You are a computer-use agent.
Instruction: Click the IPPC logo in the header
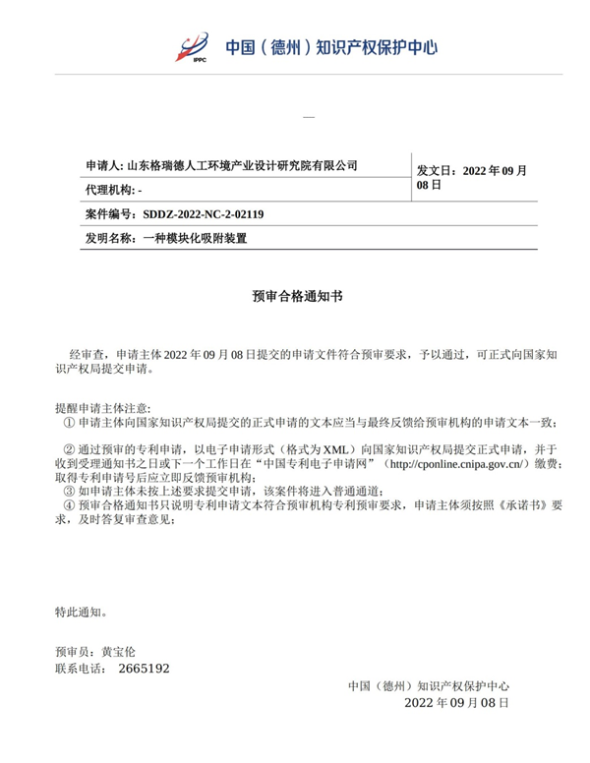tap(192, 46)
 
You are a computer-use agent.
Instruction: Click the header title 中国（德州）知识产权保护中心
tap(331, 46)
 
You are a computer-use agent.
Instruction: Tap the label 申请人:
tap(105, 165)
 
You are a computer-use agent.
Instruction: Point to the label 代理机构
tap(108, 189)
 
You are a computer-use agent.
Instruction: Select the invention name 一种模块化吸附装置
tap(194, 238)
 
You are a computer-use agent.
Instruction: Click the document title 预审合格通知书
tap(295, 294)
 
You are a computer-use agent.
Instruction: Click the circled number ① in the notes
tap(67, 422)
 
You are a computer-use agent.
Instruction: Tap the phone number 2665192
tap(144, 669)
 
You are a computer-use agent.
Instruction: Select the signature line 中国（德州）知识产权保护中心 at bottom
tap(429, 687)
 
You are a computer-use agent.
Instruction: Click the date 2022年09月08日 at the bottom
tap(456, 703)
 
